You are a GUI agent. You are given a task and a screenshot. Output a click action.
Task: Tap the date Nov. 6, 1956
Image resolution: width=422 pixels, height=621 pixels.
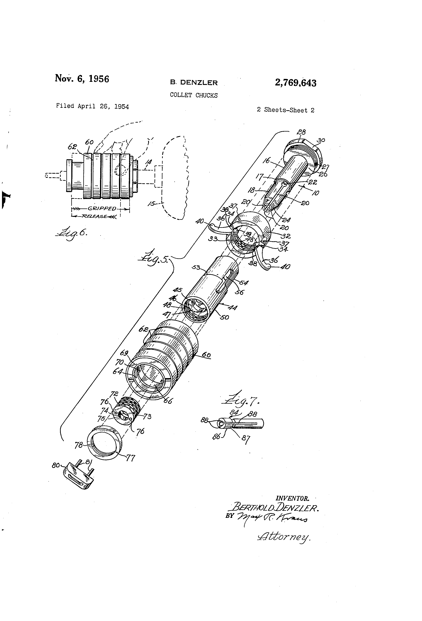(82, 79)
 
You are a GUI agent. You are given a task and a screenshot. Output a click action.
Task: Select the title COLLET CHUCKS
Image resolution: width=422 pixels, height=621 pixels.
(194, 95)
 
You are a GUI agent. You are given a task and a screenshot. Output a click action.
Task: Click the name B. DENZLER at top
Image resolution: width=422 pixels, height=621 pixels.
(194, 83)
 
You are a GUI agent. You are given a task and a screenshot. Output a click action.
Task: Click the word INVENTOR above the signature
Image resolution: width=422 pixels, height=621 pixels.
(292, 498)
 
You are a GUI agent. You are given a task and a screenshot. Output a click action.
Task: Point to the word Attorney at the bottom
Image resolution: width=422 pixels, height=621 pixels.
(284, 536)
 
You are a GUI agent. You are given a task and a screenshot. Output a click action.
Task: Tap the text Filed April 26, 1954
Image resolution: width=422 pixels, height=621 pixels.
(92, 106)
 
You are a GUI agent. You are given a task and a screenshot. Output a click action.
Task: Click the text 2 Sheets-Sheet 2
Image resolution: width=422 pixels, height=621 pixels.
(285, 110)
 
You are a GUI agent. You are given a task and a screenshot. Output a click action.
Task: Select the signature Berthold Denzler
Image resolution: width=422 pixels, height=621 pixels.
(275, 508)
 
